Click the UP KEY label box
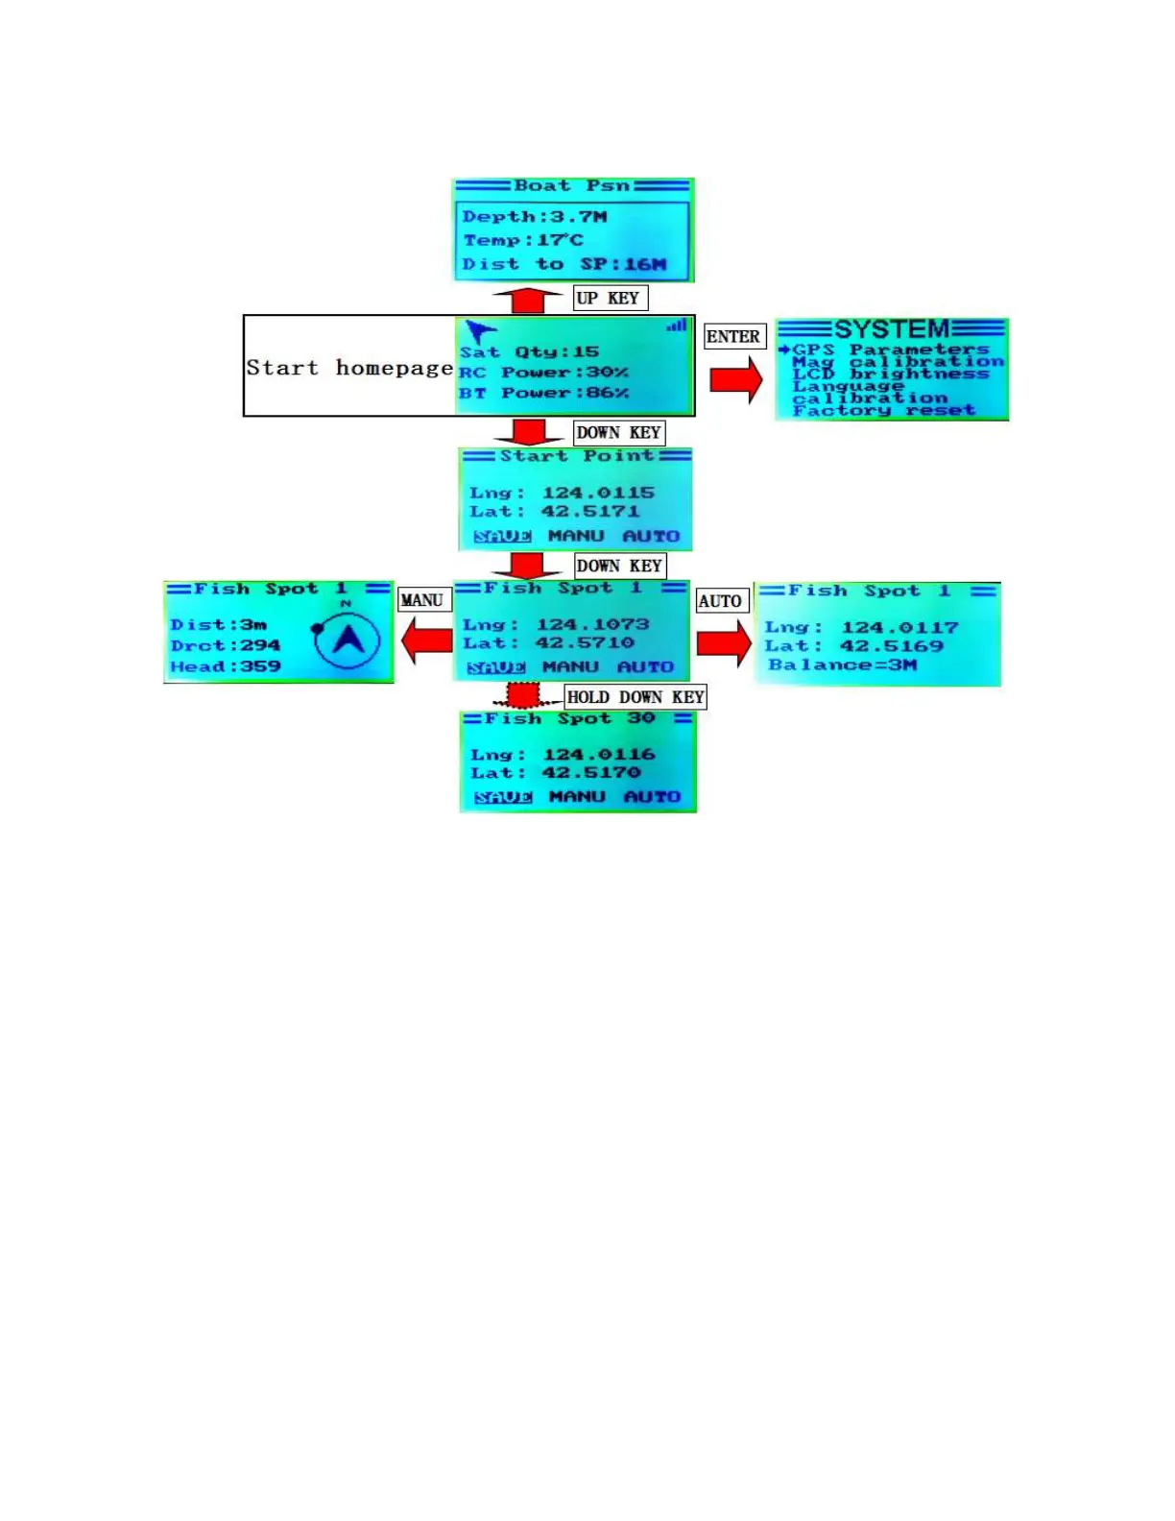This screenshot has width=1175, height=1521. tap(611, 298)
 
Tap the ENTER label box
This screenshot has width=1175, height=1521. tap(734, 336)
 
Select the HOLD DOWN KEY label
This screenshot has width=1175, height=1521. tap(635, 697)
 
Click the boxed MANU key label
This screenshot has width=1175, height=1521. tap(423, 600)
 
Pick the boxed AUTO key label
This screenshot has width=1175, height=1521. tap(721, 601)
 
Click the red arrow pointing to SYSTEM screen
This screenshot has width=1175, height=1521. tap(735, 380)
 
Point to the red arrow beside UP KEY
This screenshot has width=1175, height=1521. tap(527, 300)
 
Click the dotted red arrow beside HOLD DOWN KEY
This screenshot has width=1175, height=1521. tap(523, 694)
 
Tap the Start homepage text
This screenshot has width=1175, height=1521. tap(348, 368)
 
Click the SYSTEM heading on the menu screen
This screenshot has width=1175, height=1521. tap(892, 329)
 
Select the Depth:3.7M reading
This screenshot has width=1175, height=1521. tap(535, 217)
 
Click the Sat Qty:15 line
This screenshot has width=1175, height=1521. tap(529, 352)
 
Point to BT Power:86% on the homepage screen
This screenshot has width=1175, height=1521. tap(543, 393)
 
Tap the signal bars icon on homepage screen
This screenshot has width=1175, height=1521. tap(678, 326)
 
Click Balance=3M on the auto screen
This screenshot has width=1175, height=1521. tap(842, 664)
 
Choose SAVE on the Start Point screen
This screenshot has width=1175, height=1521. tap(502, 536)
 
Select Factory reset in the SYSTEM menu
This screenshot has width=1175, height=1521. tap(883, 410)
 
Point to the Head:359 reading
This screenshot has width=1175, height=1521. tap(226, 666)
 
